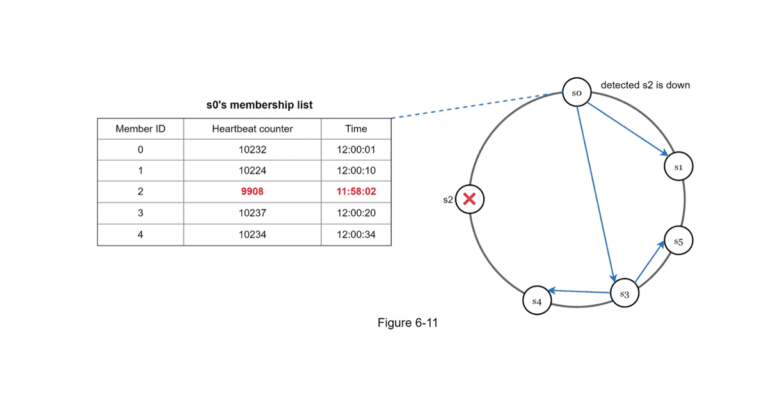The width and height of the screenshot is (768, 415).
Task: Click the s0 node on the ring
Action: click(576, 93)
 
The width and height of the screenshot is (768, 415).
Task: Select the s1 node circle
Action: click(679, 167)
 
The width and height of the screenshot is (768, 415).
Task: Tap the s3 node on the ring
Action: click(625, 294)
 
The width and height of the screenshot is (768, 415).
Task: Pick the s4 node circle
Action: click(536, 300)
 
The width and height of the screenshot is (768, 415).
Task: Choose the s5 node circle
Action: click(678, 241)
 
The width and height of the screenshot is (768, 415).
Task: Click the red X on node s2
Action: click(470, 200)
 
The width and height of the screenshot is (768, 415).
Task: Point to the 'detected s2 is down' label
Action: click(645, 85)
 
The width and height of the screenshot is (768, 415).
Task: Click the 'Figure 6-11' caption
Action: click(408, 323)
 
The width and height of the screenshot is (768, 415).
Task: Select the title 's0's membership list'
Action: click(259, 104)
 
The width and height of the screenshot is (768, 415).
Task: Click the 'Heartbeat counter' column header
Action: click(252, 129)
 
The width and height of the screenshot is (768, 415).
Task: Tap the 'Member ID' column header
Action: click(140, 129)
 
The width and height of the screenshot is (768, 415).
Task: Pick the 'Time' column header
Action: click(356, 129)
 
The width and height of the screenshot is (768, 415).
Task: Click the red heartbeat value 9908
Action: click(252, 191)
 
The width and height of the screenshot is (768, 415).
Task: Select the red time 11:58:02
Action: click(356, 191)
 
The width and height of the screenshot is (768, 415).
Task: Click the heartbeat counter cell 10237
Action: click(252, 213)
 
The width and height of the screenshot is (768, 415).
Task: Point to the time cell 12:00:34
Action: click(356, 234)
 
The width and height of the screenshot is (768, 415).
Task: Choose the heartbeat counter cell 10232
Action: click(252, 150)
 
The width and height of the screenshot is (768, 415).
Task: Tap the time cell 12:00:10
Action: click(356, 171)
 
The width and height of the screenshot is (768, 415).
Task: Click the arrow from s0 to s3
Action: click(596, 192)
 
